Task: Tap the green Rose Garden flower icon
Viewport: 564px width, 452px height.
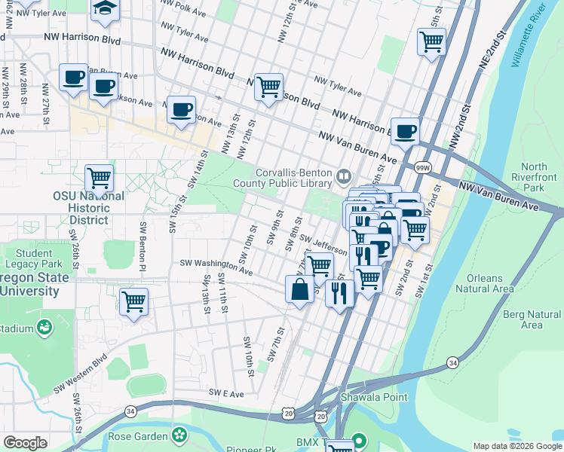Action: (179, 434)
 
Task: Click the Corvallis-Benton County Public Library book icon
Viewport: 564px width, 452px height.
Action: (344, 176)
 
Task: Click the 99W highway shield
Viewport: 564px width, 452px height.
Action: (424, 166)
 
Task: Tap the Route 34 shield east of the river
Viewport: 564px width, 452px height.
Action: (452, 363)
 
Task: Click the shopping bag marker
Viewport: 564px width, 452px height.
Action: (299, 289)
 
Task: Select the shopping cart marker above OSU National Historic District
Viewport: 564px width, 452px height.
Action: (99, 179)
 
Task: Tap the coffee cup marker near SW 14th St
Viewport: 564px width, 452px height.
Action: (181, 110)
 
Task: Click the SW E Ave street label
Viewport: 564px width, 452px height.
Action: (228, 392)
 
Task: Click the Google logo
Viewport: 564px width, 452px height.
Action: (25, 443)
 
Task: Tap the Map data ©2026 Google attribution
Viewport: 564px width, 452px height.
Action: (516, 446)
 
